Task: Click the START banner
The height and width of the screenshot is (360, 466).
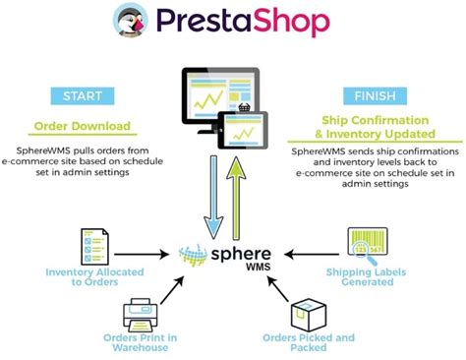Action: pyautogui.click(x=82, y=95)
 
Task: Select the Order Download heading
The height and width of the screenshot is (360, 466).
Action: pyautogui.click(x=83, y=127)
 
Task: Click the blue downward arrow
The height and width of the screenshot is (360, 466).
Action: pyautogui.click(x=208, y=191)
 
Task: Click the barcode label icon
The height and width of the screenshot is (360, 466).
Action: pyautogui.click(x=364, y=245)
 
